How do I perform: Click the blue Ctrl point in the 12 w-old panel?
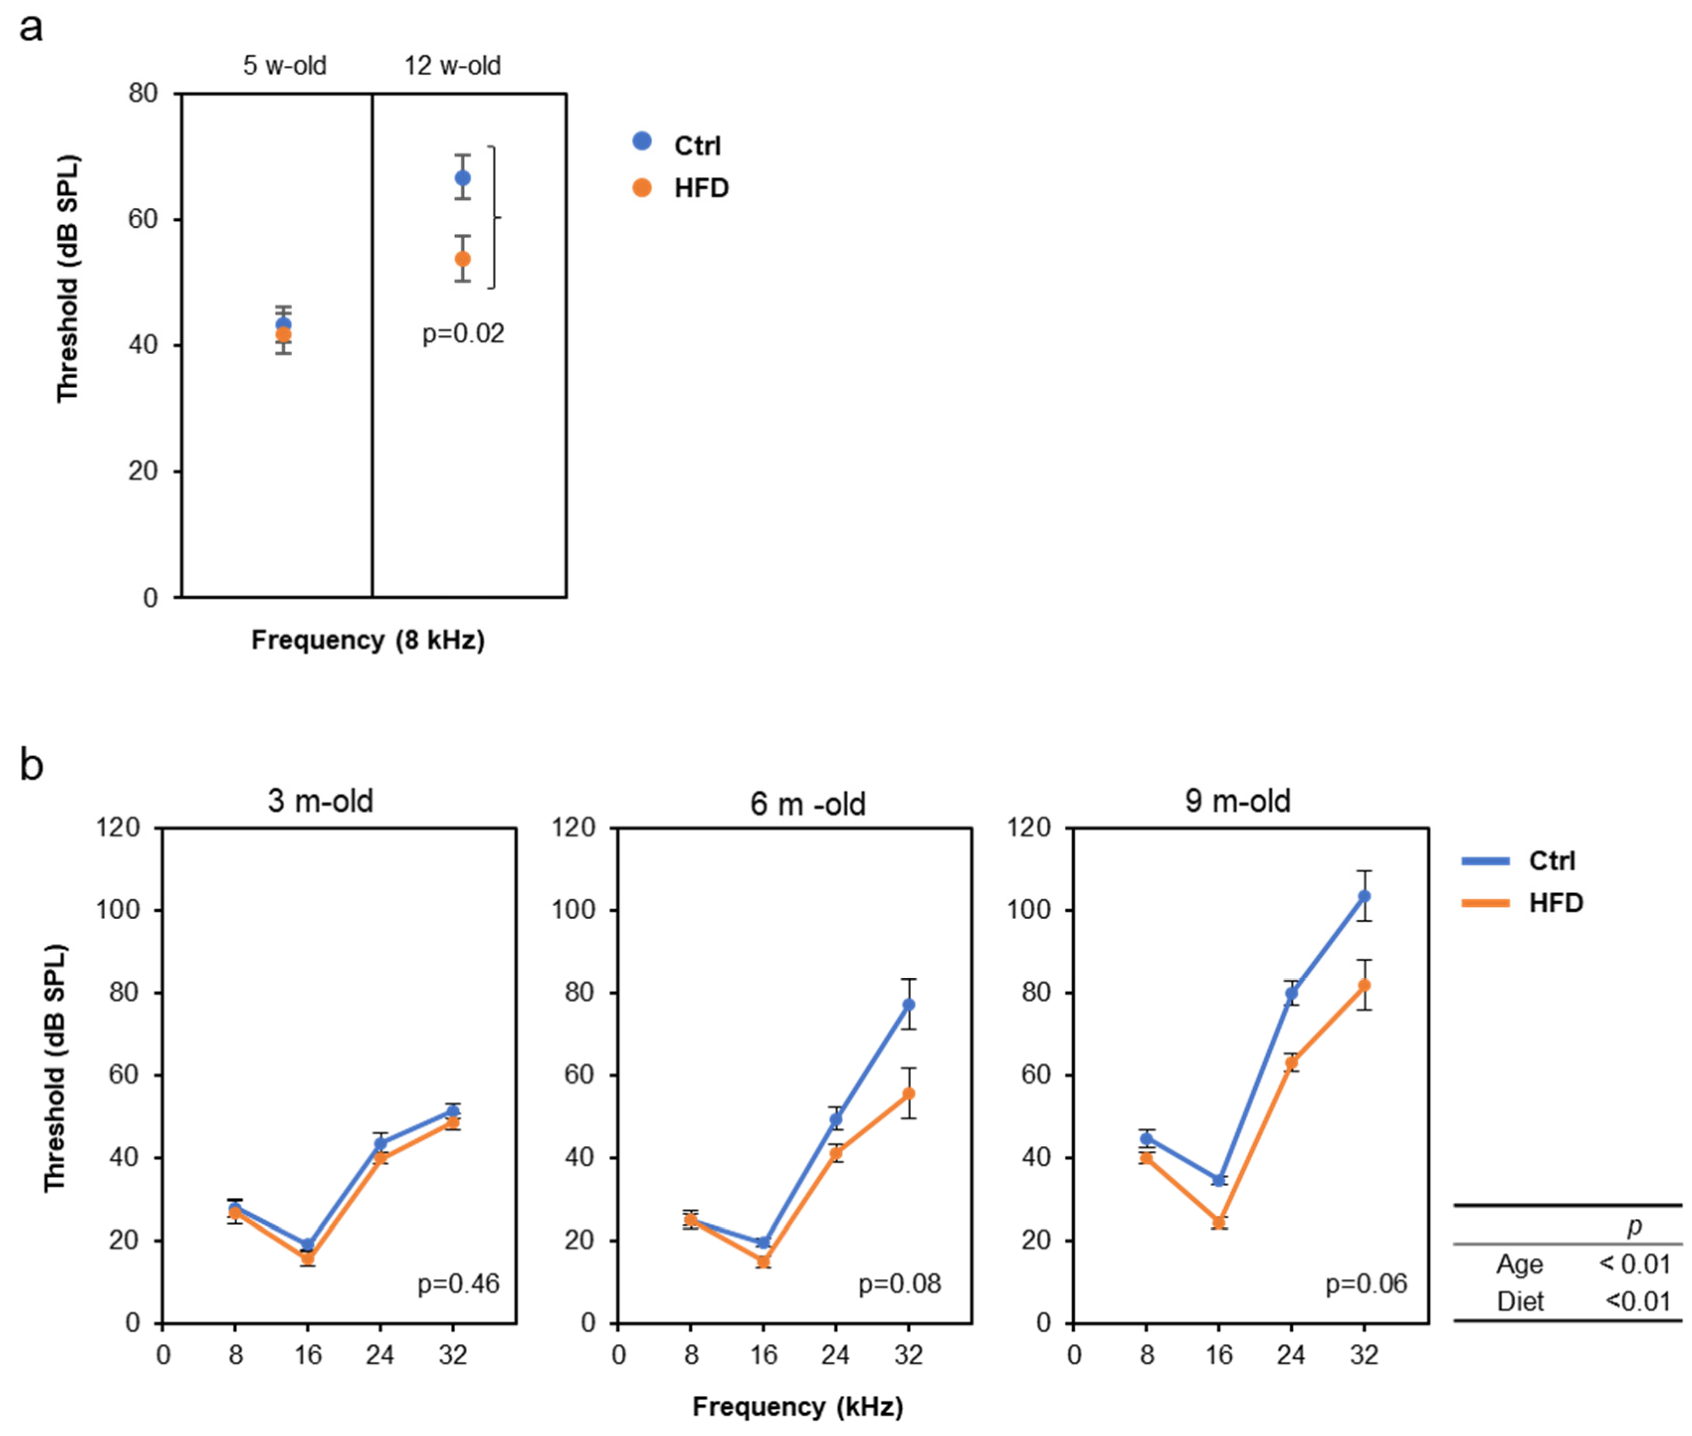[x=462, y=178]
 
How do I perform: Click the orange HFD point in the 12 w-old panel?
[x=462, y=258]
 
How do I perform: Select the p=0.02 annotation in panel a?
[x=463, y=334]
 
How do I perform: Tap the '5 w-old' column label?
[x=285, y=65]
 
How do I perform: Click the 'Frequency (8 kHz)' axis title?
[x=368, y=640]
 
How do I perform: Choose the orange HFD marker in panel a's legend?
[x=642, y=188]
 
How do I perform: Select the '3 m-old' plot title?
[x=321, y=801]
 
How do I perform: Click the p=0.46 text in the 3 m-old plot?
[x=458, y=1284]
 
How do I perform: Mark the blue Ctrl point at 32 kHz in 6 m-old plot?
[x=908, y=1005]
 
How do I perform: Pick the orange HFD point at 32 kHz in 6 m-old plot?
[x=908, y=1093]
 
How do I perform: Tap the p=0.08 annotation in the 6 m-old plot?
[x=899, y=1284]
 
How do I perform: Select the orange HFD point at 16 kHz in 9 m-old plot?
[x=1218, y=1222]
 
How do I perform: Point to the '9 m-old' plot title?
[x=1238, y=801]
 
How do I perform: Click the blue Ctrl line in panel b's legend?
[x=1486, y=860]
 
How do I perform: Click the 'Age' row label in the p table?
[x=1519, y=1264]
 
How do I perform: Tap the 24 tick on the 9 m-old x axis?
[x=1291, y=1354]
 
